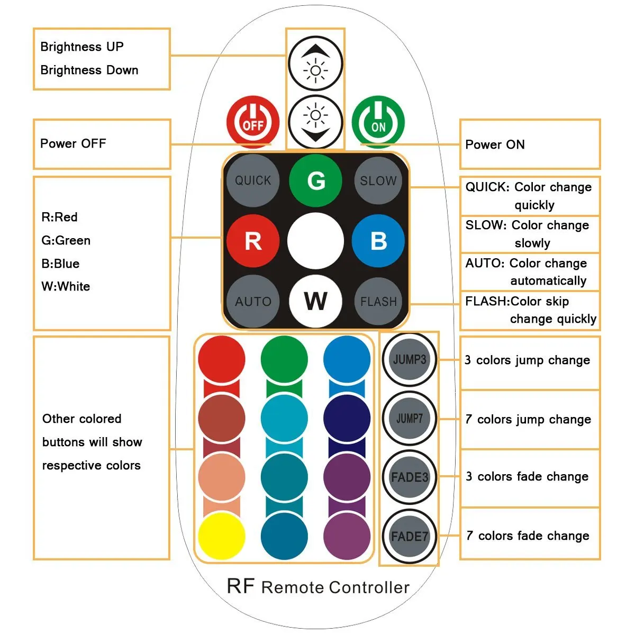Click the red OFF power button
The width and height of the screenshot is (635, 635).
coord(253,122)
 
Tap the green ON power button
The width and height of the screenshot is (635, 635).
coord(378,122)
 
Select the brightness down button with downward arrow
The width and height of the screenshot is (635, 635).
coord(315,122)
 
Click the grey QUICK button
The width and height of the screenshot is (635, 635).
coord(253,180)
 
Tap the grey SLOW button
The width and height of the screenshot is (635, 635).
coord(378,180)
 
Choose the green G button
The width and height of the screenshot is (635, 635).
coord(315,180)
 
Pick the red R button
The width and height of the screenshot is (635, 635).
coord(253,241)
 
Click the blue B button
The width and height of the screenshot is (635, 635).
coord(378,241)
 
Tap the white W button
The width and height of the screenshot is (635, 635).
coord(315,301)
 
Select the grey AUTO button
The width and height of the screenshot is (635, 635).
coord(253,301)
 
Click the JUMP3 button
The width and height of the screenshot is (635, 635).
coord(410,359)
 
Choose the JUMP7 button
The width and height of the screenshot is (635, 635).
coord(410,419)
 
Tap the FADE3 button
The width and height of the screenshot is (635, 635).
coord(410,477)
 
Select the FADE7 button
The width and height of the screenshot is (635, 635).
coord(410,536)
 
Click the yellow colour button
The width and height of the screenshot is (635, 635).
coord(221,536)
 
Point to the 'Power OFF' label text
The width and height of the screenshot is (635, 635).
coord(73,144)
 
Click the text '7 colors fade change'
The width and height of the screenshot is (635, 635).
coord(528,536)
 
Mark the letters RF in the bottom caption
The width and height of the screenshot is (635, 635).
coord(241,586)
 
